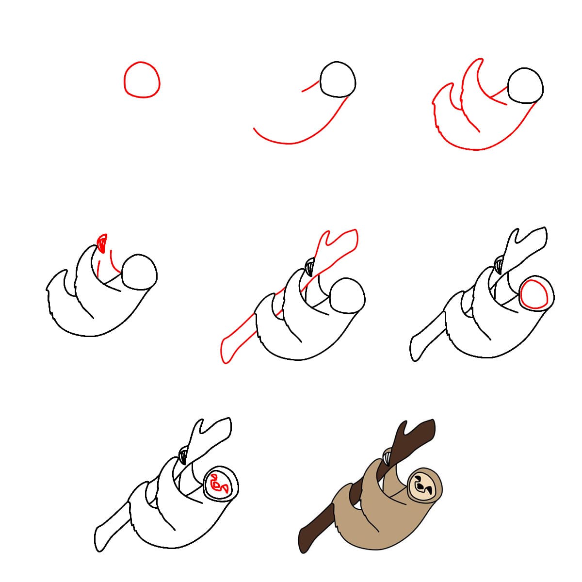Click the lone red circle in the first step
tap(141, 80)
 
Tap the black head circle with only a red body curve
tap(338, 80)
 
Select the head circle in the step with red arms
tap(525, 86)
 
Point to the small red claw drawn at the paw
tap(102, 242)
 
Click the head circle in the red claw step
tap(139, 273)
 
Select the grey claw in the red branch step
tap(309, 266)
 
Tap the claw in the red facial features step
tap(183, 455)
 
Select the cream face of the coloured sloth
tap(424, 485)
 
